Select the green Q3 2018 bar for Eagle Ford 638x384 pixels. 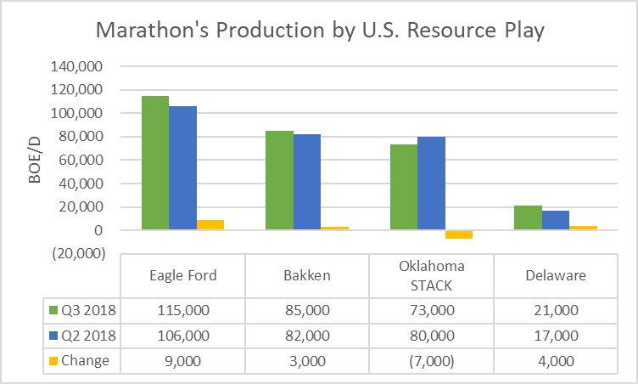155,162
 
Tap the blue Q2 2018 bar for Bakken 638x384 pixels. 307,182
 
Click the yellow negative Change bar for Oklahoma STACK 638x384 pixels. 459,234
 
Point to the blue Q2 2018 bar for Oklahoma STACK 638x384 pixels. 432,183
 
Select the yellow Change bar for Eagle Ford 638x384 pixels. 210,224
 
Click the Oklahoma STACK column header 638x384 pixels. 432,275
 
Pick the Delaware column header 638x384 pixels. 556,275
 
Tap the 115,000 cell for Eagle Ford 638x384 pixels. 183,311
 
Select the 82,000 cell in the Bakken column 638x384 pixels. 307,336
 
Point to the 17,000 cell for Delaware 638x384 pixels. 556,336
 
